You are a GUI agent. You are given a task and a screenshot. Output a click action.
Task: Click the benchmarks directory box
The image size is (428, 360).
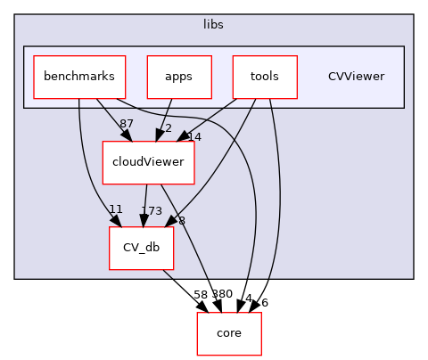[79, 77]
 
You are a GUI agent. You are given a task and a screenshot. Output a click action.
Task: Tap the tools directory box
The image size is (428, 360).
[264, 77]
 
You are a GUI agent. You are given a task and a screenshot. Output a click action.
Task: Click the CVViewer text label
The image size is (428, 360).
[356, 77]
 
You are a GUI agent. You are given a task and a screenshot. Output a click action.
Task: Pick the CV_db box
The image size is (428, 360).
[141, 248]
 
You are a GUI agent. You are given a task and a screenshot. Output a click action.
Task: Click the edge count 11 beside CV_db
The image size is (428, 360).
[115, 209]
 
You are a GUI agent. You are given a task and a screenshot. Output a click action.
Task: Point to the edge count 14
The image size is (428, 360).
[194, 136]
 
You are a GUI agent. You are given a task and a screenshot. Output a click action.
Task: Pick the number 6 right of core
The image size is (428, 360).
[264, 302]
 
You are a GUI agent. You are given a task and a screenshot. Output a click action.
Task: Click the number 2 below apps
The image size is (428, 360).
[167, 128]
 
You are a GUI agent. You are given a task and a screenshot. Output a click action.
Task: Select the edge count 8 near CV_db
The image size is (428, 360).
[182, 220]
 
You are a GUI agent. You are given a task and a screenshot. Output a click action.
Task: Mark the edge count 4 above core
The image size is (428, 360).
[249, 299]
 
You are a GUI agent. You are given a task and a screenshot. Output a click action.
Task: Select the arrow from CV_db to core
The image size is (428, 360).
[190, 290]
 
